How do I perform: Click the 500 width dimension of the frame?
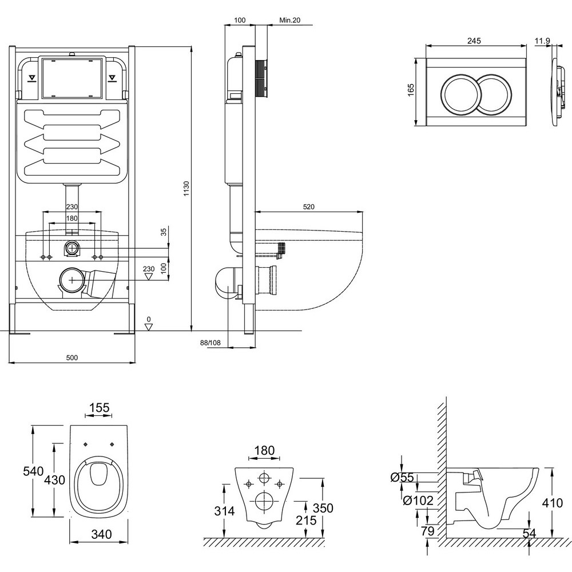[x=71, y=357]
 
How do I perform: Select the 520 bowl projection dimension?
[x=309, y=206]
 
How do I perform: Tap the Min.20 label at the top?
[x=289, y=20]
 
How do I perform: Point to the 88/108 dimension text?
[x=210, y=343]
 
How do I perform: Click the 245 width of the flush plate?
[x=474, y=41]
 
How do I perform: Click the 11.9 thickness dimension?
[x=543, y=41]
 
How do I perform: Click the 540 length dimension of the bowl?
[x=33, y=471]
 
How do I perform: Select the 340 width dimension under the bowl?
[x=101, y=535]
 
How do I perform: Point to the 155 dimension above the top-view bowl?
[x=99, y=408]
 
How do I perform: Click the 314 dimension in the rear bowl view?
[x=225, y=511]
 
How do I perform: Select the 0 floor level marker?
[x=149, y=319]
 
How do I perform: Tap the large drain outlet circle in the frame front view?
[x=71, y=280]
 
